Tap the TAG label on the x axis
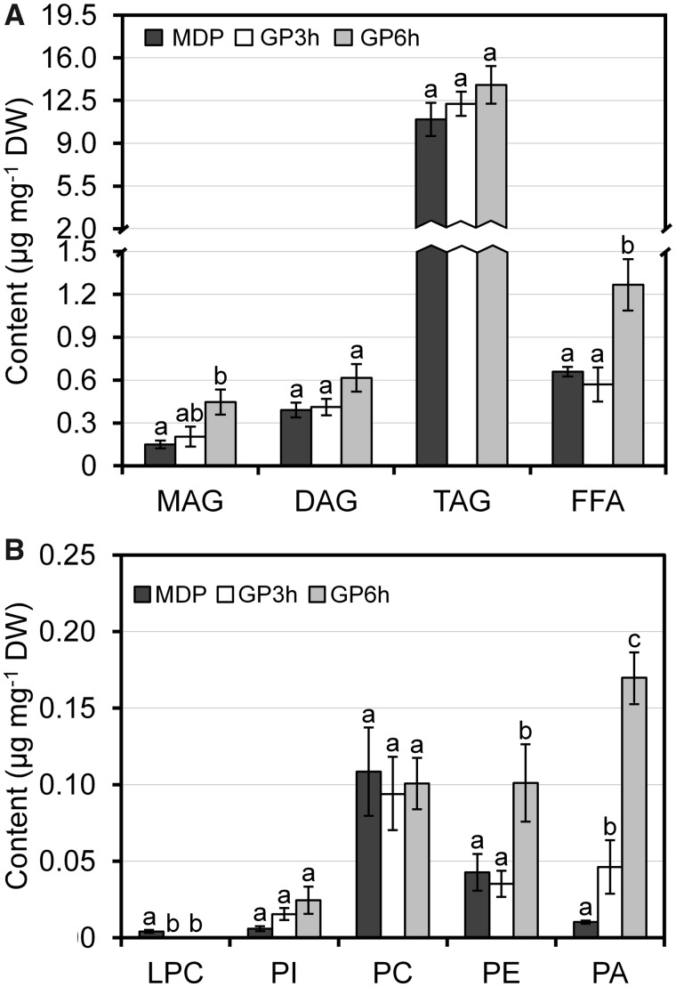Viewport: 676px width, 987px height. (462, 502)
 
